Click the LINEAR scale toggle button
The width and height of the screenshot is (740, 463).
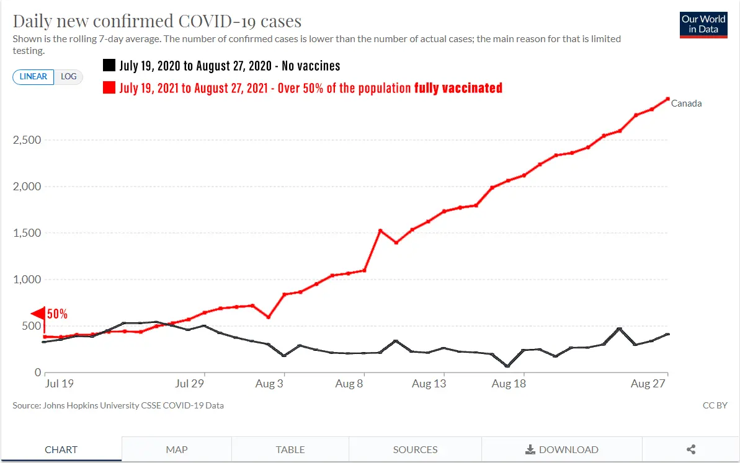click(x=33, y=76)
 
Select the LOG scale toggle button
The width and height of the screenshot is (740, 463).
click(x=68, y=76)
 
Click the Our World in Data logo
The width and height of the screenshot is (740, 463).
click(x=703, y=25)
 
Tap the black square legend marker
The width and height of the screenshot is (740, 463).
click(x=109, y=66)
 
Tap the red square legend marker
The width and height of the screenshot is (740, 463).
click(x=109, y=88)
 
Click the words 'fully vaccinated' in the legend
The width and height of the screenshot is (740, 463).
click(x=458, y=88)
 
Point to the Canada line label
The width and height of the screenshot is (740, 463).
click(x=686, y=104)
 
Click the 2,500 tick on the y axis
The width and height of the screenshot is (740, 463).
click(x=27, y=140)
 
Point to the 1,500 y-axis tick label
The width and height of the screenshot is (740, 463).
click(x=27, y=234)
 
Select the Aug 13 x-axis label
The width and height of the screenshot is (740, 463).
click(x=429, y=384)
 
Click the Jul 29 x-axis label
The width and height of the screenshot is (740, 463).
click(x=190, y=384)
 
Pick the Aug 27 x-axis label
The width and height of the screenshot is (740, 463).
click(x=648, y=384)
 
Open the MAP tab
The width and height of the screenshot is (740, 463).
click(x=177, y=449)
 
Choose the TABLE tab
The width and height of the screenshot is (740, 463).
click(x=290, y=449)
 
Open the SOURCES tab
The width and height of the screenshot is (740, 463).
click(x=415, y=449)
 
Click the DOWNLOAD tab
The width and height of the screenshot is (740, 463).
click(x=562, y=449)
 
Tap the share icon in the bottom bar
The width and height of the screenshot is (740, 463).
click(x=691, y=449)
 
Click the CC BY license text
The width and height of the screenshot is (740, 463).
click(x=715, y=405)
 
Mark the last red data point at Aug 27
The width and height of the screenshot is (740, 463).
click(x=667, y=99)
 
